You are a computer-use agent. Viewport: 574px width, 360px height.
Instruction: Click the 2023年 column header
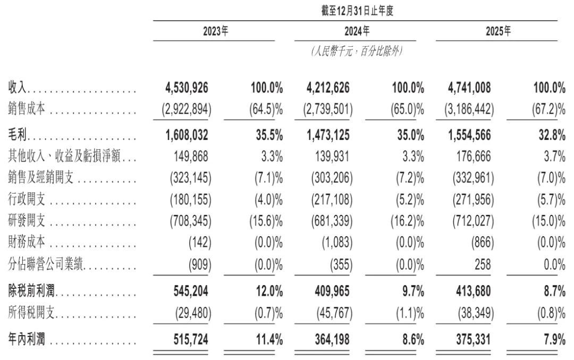216,31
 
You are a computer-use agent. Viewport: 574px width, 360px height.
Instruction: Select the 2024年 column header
357,31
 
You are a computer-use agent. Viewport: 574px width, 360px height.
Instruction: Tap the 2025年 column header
498,31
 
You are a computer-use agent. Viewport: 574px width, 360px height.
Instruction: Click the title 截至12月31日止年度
357,11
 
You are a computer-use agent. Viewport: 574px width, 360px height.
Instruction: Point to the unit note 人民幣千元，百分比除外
357,51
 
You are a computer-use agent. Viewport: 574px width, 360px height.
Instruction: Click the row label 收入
18,88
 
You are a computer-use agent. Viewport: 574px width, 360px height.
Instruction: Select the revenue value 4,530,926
187,88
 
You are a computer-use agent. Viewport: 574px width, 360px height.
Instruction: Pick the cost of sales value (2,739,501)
328,109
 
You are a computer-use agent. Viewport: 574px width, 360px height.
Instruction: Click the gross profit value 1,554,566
469,135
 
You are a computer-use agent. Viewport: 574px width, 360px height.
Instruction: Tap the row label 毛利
18,135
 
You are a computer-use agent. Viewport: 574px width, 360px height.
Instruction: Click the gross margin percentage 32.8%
552,135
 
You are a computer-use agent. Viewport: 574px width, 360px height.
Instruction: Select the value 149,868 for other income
191,157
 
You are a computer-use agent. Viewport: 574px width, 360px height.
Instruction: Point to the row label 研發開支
27,221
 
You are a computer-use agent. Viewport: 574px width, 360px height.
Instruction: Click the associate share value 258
482,264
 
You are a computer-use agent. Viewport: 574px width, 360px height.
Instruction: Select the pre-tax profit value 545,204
191,291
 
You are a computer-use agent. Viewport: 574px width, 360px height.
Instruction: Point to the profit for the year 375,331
474,339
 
